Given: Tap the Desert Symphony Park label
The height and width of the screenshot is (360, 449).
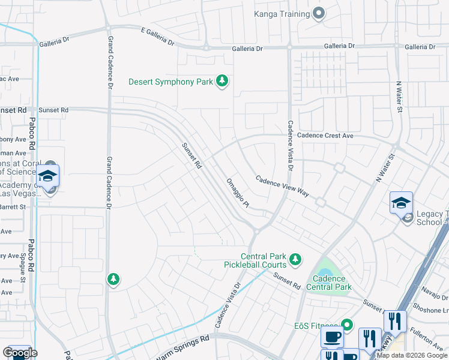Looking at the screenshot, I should (x=171, y=82).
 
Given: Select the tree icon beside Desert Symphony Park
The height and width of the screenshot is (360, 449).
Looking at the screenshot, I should (x=222, y=81).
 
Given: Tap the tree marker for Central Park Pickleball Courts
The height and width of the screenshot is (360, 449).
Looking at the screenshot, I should (x=295, y=259).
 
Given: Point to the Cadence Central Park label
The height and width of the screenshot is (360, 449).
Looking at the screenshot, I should (x=329, y=283).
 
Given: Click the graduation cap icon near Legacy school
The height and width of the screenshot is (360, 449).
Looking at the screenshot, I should (x=401, y=203).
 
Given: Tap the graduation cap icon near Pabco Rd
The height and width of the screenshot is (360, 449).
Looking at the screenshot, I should (x=48, y=176).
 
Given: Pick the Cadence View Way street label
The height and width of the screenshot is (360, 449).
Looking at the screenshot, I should (x=282, y=187).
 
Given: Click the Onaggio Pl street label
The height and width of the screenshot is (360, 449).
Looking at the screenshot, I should (x=238, y=193).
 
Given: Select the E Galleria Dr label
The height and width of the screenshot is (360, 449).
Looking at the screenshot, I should (x=157, y=36).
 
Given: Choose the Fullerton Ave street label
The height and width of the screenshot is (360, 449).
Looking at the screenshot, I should (x=427, y=338).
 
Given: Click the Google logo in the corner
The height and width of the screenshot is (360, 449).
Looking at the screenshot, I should (x=20, y=353).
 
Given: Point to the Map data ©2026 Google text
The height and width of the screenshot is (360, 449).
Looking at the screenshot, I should (x=412, y=355).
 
